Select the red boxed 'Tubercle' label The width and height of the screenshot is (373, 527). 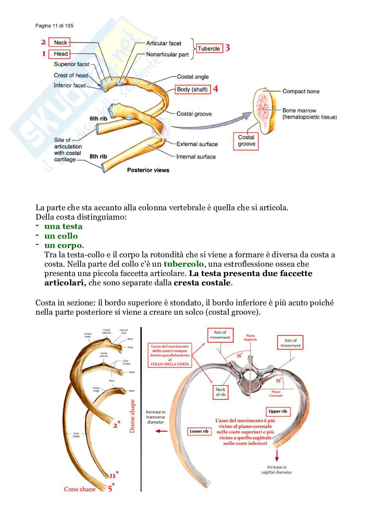coord(209,48)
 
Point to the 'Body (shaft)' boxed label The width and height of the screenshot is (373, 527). coord(193,89)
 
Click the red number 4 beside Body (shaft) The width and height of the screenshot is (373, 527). coord(216,89)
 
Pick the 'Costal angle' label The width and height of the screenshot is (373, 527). coord(193,77)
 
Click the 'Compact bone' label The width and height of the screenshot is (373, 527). coord(301,91)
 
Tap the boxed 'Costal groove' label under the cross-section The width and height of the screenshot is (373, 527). coord(246,141)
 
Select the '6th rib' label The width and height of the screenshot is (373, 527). coord(98,118)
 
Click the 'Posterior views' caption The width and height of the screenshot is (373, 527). coord(148,170)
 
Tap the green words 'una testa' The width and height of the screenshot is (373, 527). coord(63,226)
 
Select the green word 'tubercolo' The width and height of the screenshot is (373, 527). coord(183,264)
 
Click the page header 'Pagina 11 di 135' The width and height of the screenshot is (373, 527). coord(54,26)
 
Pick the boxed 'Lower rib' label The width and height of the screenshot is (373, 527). coord(199,431)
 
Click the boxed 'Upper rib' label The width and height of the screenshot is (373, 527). coord(278,412)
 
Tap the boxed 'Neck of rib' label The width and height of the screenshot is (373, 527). coord(221,392)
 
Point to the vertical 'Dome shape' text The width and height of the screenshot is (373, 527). coord(132,416)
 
